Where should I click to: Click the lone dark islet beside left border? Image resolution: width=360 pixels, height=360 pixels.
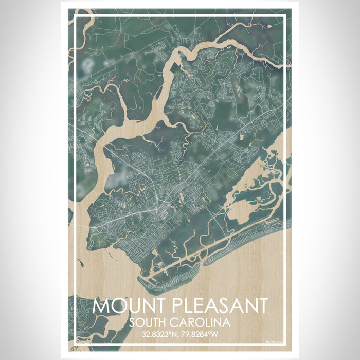(80, 263)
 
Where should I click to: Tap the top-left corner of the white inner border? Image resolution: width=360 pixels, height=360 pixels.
(76, 17)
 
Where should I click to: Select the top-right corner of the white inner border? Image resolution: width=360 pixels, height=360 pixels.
(284, 17)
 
